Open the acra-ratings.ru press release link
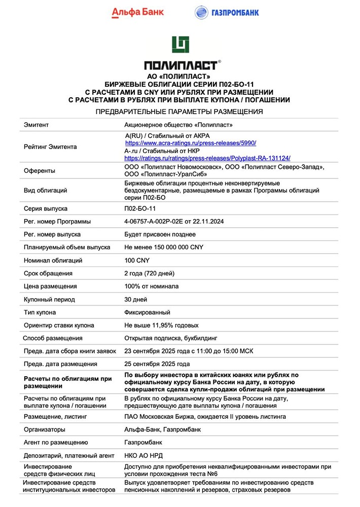click(190, 143)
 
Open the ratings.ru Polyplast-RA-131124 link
click(207, 158)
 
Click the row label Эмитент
click(37, 124)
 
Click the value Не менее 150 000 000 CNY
click(164, 247)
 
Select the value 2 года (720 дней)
click(150, 273)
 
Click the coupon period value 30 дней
click(136, 300)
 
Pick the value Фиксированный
click(148, 312)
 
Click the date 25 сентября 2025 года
click(157, 364)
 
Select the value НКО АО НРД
click(143, 455)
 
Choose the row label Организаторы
click(45, 429)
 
